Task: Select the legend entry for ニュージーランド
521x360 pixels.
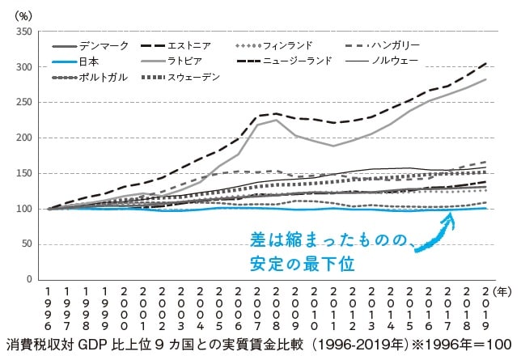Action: click(x=294, y=61)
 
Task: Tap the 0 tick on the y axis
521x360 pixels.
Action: click(x=28, y=279)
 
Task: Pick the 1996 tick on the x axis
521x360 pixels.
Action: click(x=49, y=308)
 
